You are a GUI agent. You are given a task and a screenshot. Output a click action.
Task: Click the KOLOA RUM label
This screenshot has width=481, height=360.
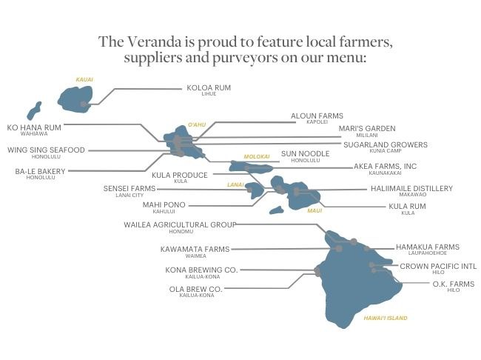pyautogui.click(x=209, y=87)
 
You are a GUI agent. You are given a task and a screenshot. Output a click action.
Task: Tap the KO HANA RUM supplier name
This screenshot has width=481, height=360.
pyautogui.click(x=34, y=127)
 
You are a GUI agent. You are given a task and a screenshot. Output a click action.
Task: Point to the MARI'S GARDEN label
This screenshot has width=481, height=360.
pyautogui.click(x=367, y=128)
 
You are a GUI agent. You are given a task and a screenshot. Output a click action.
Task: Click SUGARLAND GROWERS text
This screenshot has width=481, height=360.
pyautogui.click(x=385, y=144)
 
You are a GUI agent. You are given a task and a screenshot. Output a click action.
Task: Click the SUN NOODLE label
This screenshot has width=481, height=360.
pyautogui.click(x=300, y=154)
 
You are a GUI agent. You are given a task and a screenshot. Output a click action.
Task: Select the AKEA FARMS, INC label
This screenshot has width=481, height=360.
pyautogui.click(x=386, y=167)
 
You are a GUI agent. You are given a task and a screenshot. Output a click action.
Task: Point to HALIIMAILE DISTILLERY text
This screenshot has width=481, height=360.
pyautogui.click(x=411, y=189)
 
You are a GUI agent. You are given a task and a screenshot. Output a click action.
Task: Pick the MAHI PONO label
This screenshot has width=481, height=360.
pyautogui.click(x=164, y=204)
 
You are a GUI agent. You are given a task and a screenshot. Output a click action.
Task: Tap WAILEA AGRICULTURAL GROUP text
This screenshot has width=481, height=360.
pyautogui.click(x=179, y=224)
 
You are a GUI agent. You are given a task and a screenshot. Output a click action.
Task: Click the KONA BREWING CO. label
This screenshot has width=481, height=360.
pyautogui.click(x=201, y=270)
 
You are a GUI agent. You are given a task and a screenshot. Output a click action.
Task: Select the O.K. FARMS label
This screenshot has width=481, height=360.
pyautogui.click(x=454, y=284)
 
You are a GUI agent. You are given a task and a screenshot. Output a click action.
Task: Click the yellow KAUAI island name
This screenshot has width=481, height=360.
pyautogui.click(x=84, y=79)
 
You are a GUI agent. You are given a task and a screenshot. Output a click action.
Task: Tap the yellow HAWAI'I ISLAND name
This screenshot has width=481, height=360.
pyautogui.click(x=386, y=318)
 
